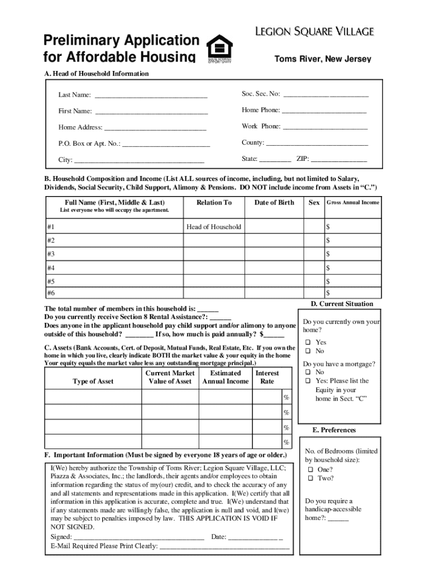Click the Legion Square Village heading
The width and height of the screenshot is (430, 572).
(315, 31)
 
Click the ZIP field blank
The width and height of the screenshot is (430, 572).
(343, 160)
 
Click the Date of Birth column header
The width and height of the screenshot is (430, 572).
(274, 202)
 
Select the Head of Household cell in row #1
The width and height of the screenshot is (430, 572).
(214, 227)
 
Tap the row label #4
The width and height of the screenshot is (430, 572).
(51, 268)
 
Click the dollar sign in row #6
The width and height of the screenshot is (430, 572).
(328, 293)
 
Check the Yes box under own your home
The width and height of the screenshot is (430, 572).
(308, 342)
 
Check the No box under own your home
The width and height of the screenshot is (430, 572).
(308, 351)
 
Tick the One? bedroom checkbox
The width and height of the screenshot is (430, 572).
(310, 470)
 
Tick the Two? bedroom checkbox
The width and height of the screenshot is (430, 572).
(310, 479)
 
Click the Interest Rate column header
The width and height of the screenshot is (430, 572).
(267, 377)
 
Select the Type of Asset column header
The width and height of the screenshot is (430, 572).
(93, 382)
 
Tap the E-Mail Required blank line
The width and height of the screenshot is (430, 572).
(224, 547)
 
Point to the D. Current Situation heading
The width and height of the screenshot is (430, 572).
(342, 304)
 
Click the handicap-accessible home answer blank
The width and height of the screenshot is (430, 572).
(338, 518)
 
